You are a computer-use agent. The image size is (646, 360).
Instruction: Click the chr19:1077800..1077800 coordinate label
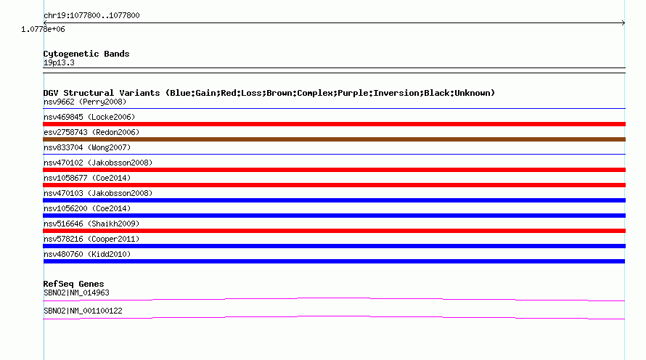(x=91, y=15)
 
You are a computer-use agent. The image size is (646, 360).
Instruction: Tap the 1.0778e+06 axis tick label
(x=43, y=29)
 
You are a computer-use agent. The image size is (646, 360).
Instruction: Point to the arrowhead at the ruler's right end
(x=623, y=23)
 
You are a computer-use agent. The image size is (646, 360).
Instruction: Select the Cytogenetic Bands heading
(x=86, y=54)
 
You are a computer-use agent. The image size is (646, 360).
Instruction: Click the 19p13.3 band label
(x=59, y=62)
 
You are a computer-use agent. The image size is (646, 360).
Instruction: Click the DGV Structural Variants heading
(x=269, y=93)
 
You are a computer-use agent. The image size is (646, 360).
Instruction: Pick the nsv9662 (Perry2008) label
(x=85, y=102)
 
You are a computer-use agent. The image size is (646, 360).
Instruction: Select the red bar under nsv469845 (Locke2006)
(x=334, y=124)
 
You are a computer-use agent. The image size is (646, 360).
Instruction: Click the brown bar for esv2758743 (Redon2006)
(x=334, y=139)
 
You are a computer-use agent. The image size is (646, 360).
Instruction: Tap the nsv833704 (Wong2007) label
(x=87, y=147)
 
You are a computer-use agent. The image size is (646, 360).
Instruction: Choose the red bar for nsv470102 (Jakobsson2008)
(x=334, y=170)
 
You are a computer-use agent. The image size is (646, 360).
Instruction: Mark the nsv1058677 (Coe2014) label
(x=87, y=178)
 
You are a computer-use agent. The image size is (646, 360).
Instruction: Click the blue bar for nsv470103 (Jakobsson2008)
(x=334, y=200)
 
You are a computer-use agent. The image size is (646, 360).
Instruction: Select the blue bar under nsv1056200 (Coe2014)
(x=334, y=216)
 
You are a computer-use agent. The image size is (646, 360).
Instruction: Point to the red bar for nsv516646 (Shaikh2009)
(x=334, y=231)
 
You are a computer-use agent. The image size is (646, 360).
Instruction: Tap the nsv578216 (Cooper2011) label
(x=91, y=239)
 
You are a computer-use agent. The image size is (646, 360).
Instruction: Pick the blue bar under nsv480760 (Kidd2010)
(x=334, y=261)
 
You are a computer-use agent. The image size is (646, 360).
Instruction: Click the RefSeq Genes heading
(x=73, y=284)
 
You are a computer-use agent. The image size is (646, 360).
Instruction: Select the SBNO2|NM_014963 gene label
(x=76, y=292)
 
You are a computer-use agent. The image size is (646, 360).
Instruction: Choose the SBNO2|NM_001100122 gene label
(x=83, y=311)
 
